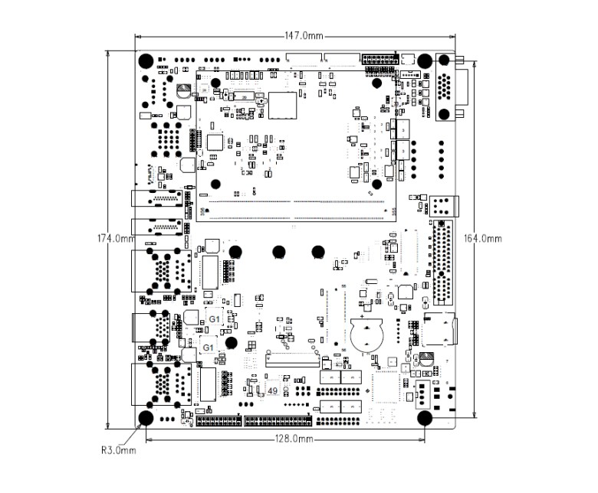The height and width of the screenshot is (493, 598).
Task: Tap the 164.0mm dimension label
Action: click(483, 238)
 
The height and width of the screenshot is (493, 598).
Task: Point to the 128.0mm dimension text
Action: click(293, 439)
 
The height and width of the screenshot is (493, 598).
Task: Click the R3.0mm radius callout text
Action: click(119, 449)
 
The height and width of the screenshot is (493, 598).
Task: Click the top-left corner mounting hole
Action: click(146, 61)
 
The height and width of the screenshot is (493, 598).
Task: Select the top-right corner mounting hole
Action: click(424, 60)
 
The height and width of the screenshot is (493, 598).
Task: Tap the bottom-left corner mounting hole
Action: click(146, 417)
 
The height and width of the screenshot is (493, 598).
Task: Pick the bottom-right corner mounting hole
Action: click(424, 417)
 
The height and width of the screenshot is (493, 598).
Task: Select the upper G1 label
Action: click(215, 318)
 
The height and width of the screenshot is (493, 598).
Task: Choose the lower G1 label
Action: click(208, 348)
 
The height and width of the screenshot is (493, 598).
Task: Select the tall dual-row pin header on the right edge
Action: click(442, 263)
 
